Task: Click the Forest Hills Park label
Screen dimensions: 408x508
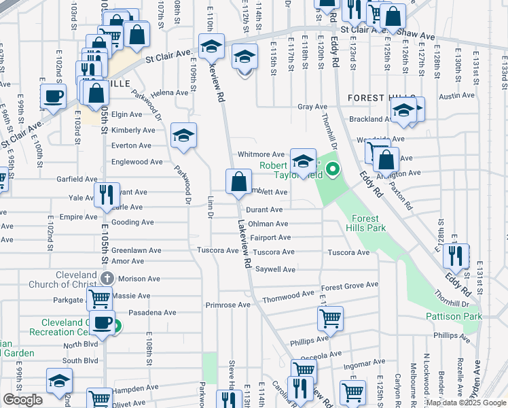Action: pos(369,223)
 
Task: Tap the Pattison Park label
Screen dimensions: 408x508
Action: pos(454,316)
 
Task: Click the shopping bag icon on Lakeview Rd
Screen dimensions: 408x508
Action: pos(238,182)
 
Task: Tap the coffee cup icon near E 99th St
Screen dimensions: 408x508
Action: pos(53,96)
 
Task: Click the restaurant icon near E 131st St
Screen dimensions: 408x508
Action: pos(456,256)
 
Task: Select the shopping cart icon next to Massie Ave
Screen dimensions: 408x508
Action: pos(100,297)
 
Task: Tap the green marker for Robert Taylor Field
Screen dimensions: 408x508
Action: pos(332,170)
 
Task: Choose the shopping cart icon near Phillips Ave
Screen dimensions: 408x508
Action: pos(330,317)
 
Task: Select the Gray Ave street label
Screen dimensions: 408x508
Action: pos(312,107)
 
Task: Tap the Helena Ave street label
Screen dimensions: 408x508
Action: pos(169,93)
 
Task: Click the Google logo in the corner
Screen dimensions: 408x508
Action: pos(22,400)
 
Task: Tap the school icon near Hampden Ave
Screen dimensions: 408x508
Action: pos(59,381)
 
